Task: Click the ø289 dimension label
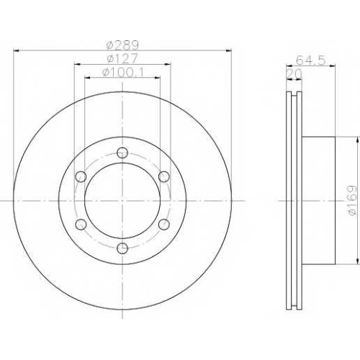(x=122, y=45)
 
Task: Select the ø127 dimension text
(x=122, y=59)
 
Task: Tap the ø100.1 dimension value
(x=123, y=73)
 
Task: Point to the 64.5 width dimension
(x=311, y=60)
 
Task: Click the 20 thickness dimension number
(x=294, y=75)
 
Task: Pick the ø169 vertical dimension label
(x=352, y=201)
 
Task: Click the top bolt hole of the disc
(x=122, y=153)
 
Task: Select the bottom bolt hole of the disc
(x=122, y=248)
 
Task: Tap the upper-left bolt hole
(x=81, y=176)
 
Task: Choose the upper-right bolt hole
(x=164, y=176)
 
